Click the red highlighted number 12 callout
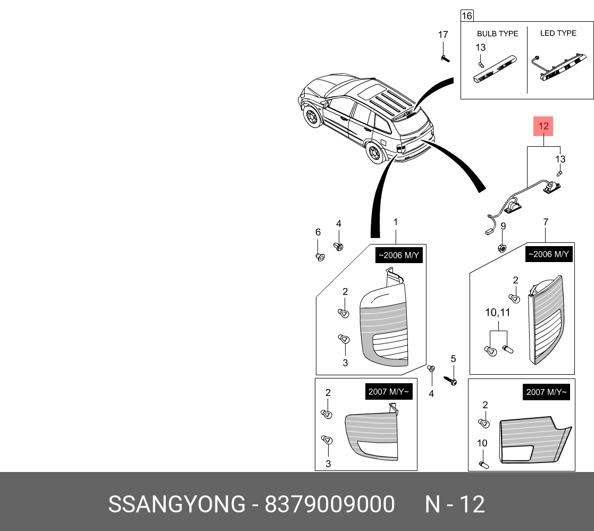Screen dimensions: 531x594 (x=543, y=127)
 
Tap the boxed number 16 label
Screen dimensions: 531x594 (x=466, y=15)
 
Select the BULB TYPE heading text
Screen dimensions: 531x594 (x=497, y=33)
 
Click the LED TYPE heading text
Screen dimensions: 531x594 (x=558, y=33)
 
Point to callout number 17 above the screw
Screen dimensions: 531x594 (x=443, y=35)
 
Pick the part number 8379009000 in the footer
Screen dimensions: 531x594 (x=330, y=503)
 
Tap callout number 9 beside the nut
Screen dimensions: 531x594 (x=503, y=226)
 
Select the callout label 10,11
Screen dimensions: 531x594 (x=497, y=313)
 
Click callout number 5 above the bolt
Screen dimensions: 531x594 (x=453, y=359)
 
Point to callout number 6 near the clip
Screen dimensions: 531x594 (x=318, y=232)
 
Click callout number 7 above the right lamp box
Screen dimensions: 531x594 (x=546, y=222)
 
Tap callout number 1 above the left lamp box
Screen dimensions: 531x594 (x=395, y=222)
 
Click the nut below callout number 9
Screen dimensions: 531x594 (x=501, y=247)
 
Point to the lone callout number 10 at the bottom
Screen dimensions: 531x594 (x=482, y=443)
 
